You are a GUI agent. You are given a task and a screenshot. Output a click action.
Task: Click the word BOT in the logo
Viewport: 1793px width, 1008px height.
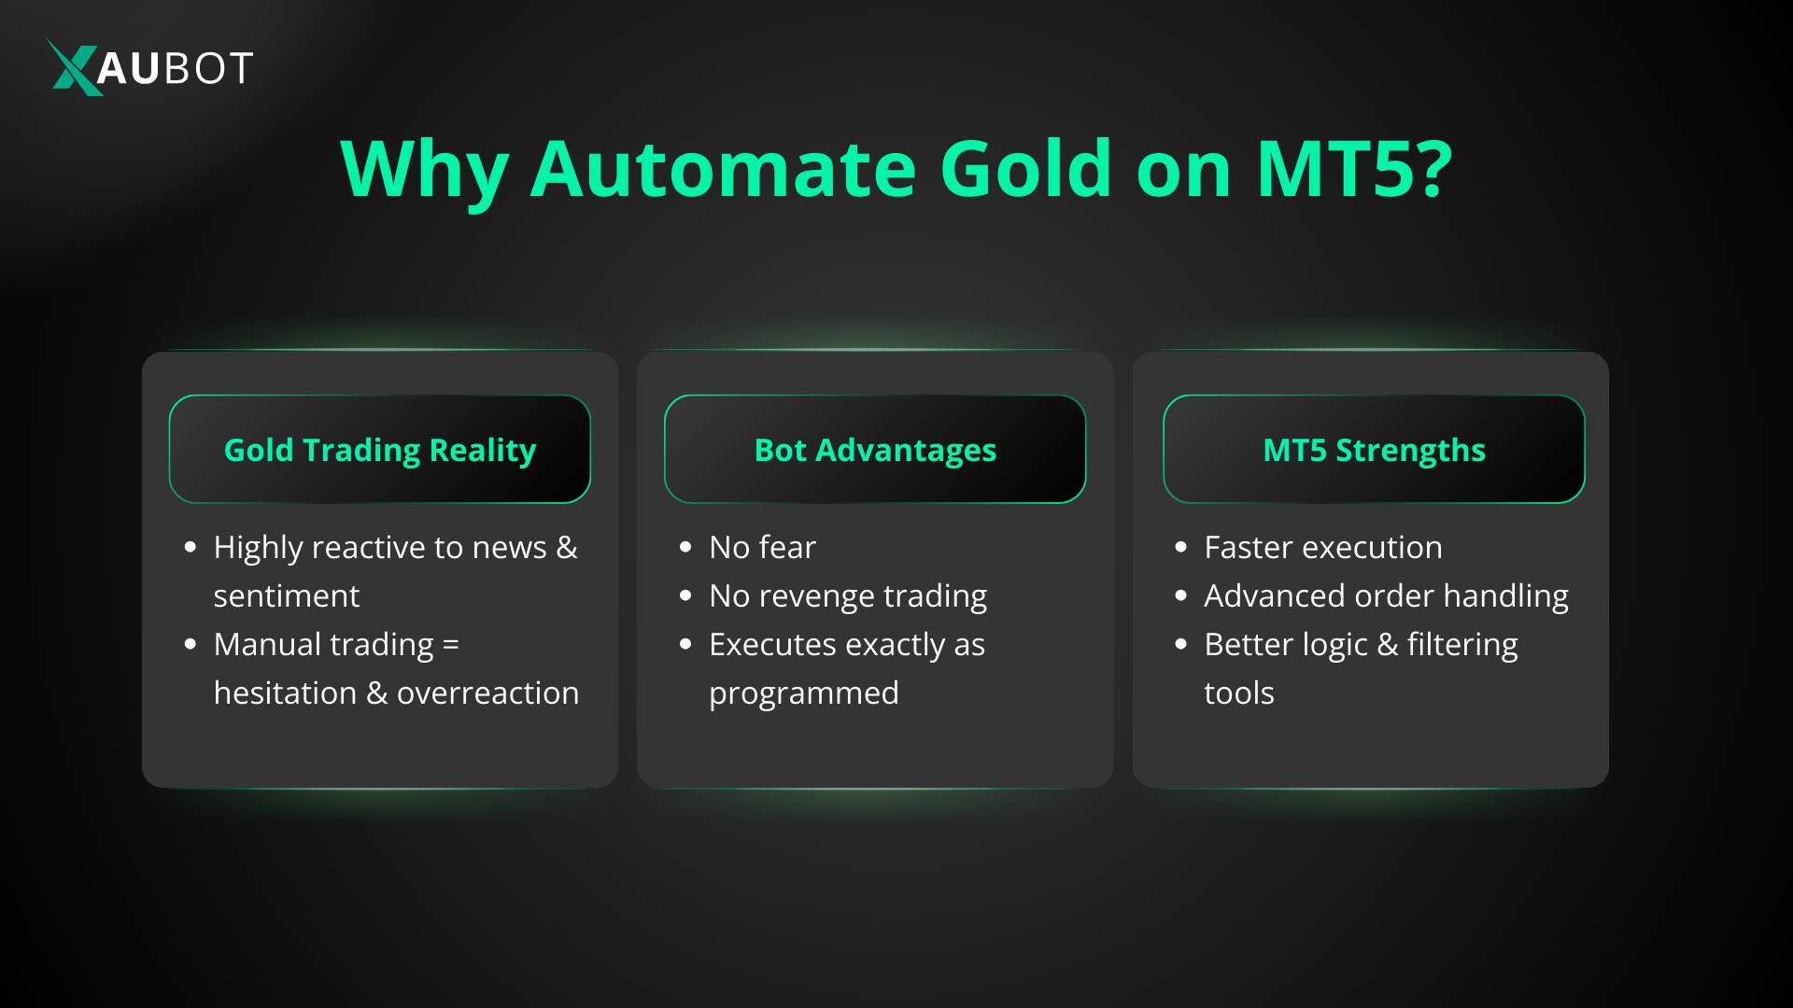tap(208, 68)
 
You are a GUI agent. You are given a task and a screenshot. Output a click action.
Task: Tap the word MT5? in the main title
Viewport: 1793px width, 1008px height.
tap(1354, 169)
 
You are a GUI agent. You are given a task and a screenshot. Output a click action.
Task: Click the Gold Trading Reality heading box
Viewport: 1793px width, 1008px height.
tap(380, 450)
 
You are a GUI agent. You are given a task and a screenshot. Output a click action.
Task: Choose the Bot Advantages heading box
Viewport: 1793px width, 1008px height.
tap(875, 450)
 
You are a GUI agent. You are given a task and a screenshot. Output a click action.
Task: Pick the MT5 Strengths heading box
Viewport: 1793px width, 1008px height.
tap(1374, 450)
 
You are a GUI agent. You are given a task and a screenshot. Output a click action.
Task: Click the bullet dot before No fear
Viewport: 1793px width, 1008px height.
tap(685, 548)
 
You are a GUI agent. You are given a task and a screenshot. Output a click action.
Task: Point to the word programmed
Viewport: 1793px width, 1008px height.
tap(804, 693)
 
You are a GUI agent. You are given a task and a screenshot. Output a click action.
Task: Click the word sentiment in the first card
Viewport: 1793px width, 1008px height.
tap(286, 596)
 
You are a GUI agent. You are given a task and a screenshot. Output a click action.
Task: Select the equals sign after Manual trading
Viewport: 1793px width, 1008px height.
tap(450, 646)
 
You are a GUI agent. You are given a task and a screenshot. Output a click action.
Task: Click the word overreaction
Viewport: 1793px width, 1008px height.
tap(487, 693)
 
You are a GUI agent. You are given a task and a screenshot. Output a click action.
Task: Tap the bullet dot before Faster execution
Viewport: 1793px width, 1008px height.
tap(1180, 548)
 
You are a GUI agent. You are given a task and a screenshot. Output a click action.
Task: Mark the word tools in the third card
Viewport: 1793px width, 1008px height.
tap(1238, 693)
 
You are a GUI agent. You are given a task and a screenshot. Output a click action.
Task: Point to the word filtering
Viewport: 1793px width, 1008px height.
tap(1462, 645)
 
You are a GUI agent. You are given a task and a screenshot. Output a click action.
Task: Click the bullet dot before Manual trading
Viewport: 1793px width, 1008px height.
tap(191, 645)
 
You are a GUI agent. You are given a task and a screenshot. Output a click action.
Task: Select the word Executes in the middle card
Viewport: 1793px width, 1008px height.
tap(772, 645)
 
